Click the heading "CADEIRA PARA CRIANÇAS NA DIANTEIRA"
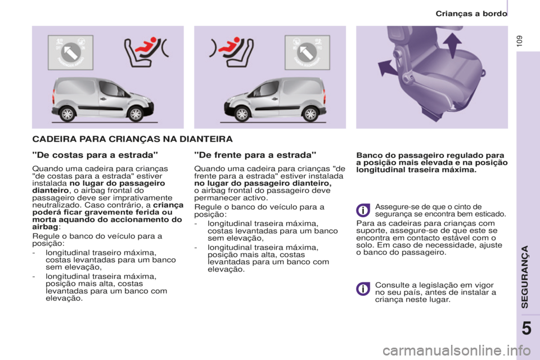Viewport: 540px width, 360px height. (x=132, y=137)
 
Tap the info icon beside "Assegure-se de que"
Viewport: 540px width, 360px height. (x=363, y=210)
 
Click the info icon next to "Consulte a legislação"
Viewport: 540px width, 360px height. (x=363, y=289)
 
